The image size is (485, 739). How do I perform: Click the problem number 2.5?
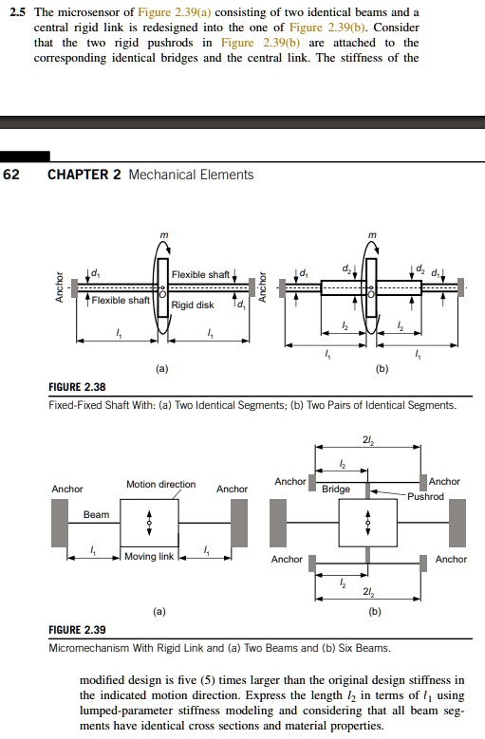(17, 12)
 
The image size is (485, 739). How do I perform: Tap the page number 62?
(11, 175)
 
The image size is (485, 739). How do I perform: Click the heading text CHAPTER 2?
(84, 175)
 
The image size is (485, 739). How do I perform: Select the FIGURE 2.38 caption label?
(77, 387)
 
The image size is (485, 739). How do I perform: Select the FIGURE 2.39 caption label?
(77, 630)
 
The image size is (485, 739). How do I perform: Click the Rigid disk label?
(193, 305)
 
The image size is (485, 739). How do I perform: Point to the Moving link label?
(149, 556)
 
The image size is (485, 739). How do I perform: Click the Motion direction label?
(160, 484)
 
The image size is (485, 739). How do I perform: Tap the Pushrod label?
(425, 496)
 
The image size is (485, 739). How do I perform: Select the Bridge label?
(336, 490)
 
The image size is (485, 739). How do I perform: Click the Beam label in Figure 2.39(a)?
(96, 515)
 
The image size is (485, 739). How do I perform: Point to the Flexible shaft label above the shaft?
(200, 274)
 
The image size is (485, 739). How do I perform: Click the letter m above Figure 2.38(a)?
(163, 234)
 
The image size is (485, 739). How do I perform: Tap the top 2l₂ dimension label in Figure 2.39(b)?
(368, 440)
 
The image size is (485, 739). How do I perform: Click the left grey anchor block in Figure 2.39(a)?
(60, 523)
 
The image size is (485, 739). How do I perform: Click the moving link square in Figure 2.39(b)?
(368, 523)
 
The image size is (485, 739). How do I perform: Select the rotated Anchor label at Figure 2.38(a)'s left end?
(60, 286)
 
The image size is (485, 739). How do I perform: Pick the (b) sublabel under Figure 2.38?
(382, 369)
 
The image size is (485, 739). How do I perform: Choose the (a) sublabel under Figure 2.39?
(159, 611)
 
